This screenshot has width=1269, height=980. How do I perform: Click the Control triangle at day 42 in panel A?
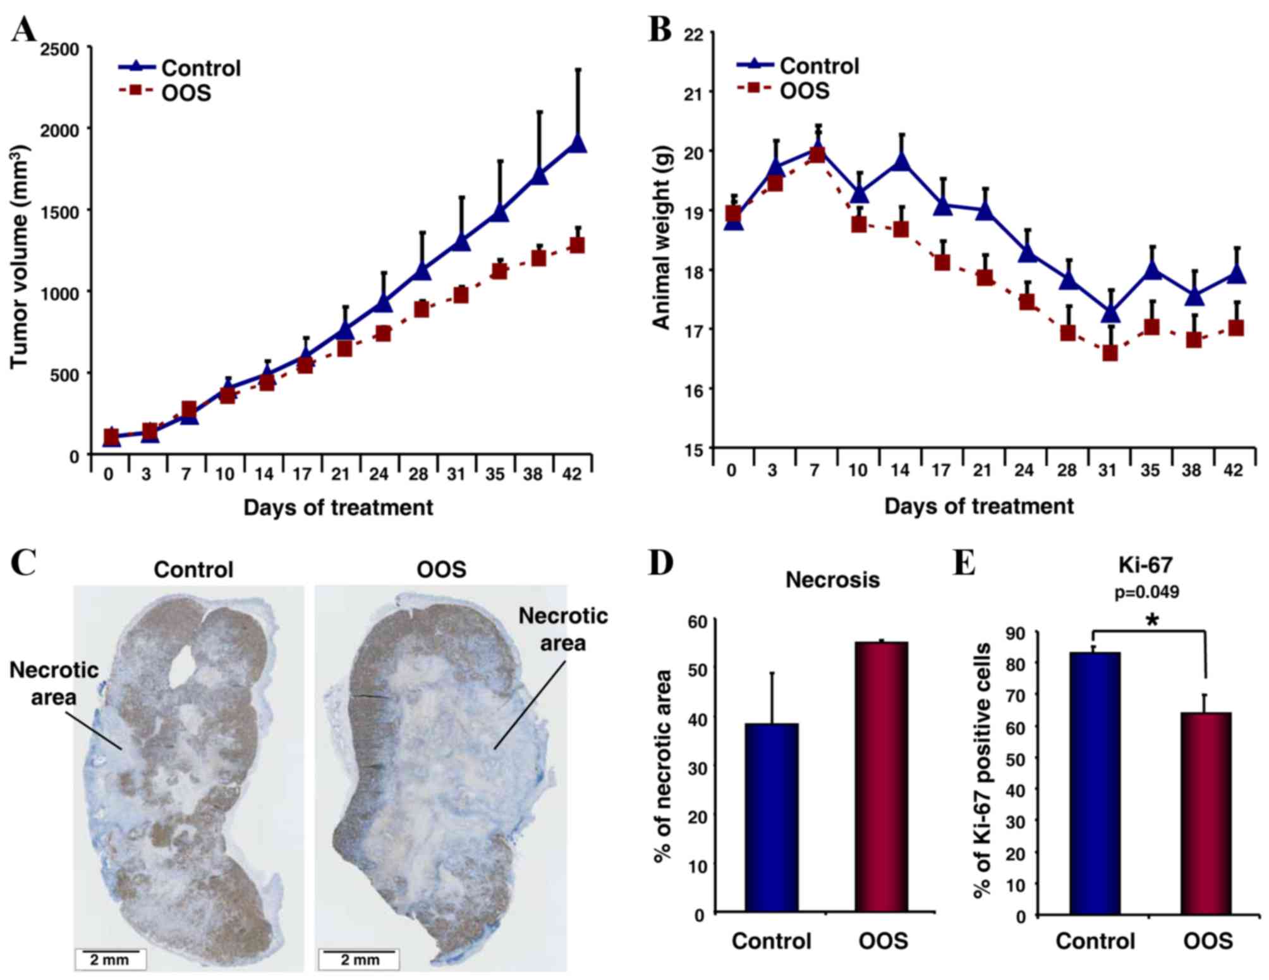(x=577, y=144)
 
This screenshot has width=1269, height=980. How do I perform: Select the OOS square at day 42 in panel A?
(x=576, y=245)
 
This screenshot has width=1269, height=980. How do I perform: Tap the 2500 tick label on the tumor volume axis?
(x=60, y=49)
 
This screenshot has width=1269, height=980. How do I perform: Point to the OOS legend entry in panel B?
(x=784, y=90)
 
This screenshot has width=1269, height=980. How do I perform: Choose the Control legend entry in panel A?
(x=180, y=68)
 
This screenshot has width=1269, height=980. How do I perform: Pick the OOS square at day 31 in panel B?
(x=1110, y=353)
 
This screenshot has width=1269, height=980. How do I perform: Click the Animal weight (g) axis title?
(x=661, y=238)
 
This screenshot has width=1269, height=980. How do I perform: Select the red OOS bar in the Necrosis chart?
(x=882, y=777)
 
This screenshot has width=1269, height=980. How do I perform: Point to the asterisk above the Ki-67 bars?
(x=1151, y=620)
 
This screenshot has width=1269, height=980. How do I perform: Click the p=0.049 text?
(x=1146, y=592)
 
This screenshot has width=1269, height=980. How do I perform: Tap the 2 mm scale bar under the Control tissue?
(x=111, y=959)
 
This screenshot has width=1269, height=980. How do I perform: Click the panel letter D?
(x=660, y=562)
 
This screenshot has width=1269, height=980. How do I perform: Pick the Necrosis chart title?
(x=832, y=580)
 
